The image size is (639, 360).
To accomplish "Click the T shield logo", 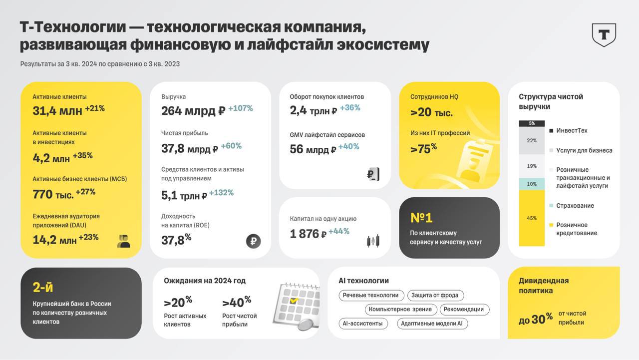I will [x=604, y=34].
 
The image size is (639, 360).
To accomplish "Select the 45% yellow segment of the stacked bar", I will [x=532, y=218].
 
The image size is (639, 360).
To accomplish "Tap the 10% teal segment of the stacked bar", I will [x=532, y=184].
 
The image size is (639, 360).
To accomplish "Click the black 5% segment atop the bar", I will [x=532, y=123].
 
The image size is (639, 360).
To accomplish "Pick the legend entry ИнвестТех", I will [x=571, y=131].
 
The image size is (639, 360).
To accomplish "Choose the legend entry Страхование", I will [x=575, y=206].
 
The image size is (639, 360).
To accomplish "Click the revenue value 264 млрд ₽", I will [x=193, y=110].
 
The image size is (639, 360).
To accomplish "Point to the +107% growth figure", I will [x=241, y=108].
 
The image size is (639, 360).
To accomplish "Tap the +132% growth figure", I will [x=221, y=193].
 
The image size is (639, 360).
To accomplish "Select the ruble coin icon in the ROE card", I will [x=254, y=241].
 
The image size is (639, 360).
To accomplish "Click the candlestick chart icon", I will [x=373, y=241].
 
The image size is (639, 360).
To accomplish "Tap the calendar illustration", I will [x=296, y=305].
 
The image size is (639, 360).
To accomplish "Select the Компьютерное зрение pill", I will [x=400, y=310].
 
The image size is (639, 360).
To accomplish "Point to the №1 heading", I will [x=421, y=218].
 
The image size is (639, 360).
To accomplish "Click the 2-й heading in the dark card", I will [x=43, y=287].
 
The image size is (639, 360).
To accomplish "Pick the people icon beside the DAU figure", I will [x=123, y=241].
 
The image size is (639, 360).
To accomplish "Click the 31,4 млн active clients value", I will [x=57, y=110].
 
